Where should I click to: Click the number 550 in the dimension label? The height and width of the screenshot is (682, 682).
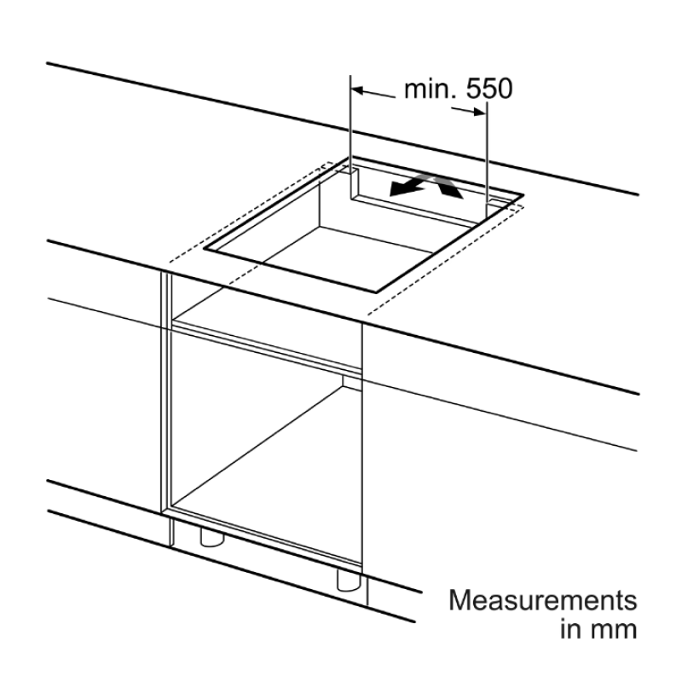pyautogui.click(x=488, y=90)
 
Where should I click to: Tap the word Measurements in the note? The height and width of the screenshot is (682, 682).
pyautogui.click(x=543, y=600)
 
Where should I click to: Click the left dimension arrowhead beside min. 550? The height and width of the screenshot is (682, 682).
pyautogui.click(x=357, y=91)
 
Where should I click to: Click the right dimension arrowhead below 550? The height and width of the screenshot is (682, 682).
pyautogui.click(x=479, y=113)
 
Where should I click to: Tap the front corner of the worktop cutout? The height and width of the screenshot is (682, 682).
pyautogui.click(x=376, y=292)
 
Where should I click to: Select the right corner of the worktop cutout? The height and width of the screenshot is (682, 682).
pyautogui.click(x=523, y=194)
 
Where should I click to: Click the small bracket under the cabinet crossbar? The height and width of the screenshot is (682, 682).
pyautogui.click(x=351, y=382)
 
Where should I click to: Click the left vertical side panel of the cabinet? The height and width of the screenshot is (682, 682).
pyautogui.click(x=166, y=391)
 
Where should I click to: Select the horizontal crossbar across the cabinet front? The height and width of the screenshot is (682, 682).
pyautogui.click(x=267, y=347)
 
